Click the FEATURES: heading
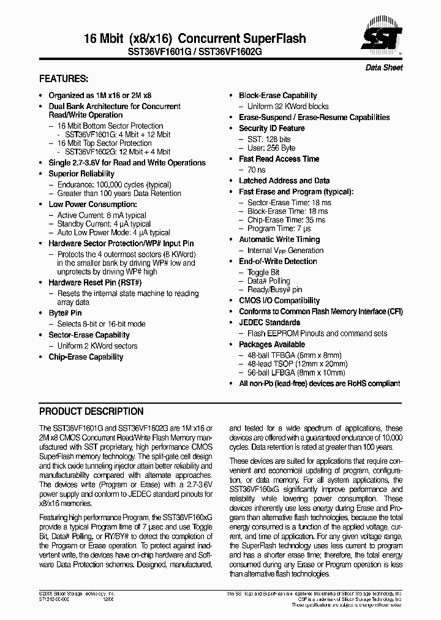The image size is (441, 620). point(64,79)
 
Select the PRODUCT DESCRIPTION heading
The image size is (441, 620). point(91,412)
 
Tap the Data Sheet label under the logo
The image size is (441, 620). point(384,67)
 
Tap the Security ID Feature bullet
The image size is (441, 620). point(271,129)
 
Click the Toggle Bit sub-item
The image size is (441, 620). point(263,273)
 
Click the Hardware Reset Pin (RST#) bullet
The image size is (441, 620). point(95,283)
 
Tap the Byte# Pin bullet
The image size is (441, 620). point(65,313)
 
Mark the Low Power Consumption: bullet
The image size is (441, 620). point(92,205)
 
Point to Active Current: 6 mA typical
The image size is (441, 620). point(102,216)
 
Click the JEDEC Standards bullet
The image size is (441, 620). point(269,323)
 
